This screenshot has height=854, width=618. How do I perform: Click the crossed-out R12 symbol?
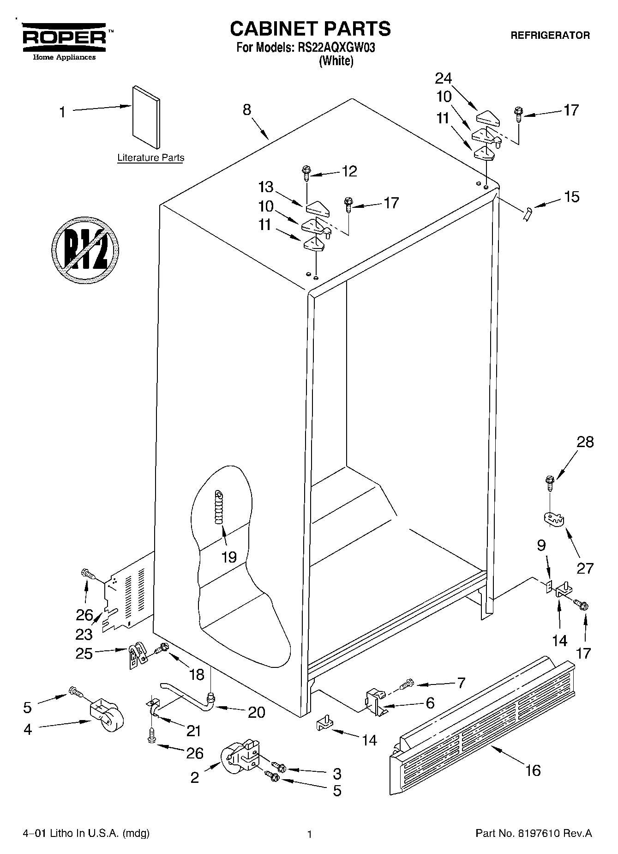click(x=85, y=250)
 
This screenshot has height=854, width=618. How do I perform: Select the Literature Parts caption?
click(x=150, y=157)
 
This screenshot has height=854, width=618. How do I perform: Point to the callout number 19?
click(x=229, y=557)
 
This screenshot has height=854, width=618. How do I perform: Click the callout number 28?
click(x=585, y=442)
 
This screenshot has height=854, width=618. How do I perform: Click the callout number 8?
click(x=247, y=109)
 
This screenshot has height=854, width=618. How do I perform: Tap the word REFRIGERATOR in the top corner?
click(x=550, y=36)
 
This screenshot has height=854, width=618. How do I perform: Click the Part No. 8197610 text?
click(x=534, y=833)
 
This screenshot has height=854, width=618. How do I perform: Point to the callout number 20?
click(x=256, y=712)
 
